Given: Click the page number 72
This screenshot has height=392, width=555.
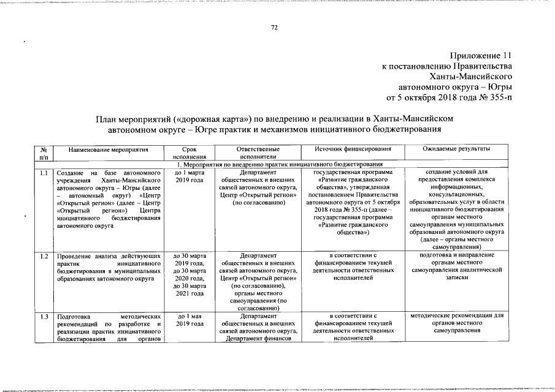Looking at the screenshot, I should pyautogui.click(x=275, y=28).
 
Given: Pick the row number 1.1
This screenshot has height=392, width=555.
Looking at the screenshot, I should pyautogui.click(x=44, y=173).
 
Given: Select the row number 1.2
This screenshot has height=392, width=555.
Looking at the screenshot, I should pyautogui.click(x=44, y=255).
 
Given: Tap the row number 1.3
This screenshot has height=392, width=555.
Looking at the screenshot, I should pyautogui.click(x=44, y=317).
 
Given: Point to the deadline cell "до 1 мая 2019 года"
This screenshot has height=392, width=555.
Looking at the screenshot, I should pyautogui.click(x=189, y=320).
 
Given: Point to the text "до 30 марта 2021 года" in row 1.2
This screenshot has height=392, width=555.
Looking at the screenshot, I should pyautogui.click(x=189, y=289).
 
